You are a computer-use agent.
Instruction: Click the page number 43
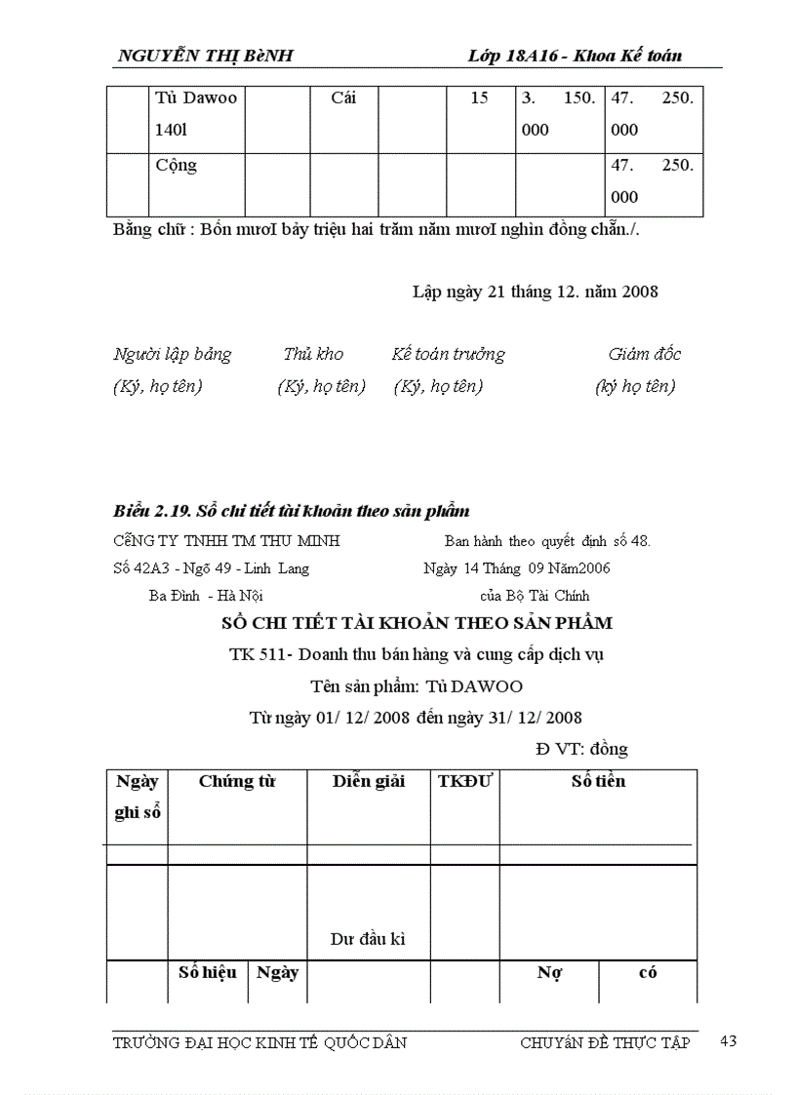click(x=728, y=1041)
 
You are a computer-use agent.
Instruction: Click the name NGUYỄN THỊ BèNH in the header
click(x=205, y=56)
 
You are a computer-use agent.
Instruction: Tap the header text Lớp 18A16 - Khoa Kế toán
click(x=575, y=56)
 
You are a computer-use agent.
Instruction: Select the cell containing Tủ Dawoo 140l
click(x=196, y=113)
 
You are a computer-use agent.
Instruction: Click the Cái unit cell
click(x=343, y=98)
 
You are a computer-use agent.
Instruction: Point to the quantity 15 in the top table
click(x=479, y=98)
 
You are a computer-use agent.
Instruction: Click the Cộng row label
click(x=177, y=166)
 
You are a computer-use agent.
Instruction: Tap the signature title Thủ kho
click(x=313, y=354)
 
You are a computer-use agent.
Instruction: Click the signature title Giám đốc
click(x=644, y=354)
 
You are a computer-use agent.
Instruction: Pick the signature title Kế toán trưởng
click(x=448, y=354)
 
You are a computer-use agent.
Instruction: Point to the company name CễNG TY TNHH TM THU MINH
click(x=226, y=541)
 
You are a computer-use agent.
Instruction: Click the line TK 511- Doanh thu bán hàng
click(x=416, y=655)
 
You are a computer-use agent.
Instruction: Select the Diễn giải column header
click(x=368, y=781)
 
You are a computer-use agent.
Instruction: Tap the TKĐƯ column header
click(x=464, y=781)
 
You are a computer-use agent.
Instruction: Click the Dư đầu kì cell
click(x=368, y=940)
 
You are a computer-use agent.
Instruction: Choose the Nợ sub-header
click(x=548, y=973)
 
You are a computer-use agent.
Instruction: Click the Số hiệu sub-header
click(x=208, y=972)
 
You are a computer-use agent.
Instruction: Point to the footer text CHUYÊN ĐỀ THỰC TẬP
click(x=605, y=1042)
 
